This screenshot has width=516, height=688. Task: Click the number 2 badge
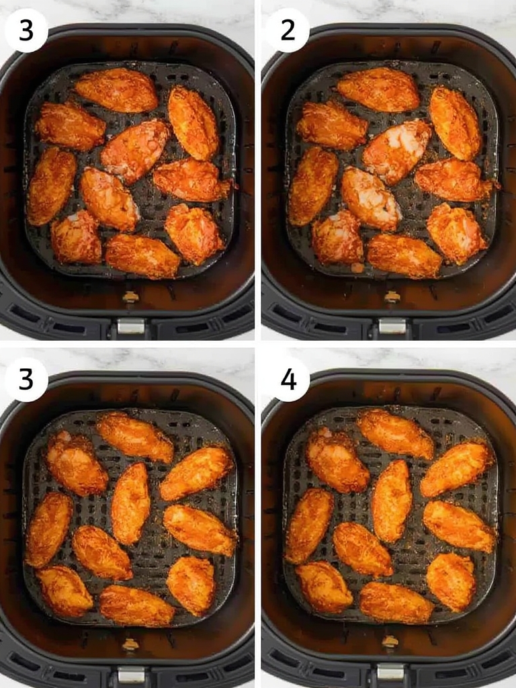click(288, 30)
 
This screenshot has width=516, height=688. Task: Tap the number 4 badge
click(288, 380)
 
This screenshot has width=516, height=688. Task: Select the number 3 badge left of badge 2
click(26, 30)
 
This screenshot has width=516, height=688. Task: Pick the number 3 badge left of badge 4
click(26, 380)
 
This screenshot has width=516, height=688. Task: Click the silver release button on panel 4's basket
click(390, 671)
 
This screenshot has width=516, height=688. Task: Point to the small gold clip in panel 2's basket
click(392, 296)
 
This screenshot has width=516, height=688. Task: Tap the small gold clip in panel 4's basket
click(390, 642)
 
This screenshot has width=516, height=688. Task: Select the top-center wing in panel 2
click(378, 89)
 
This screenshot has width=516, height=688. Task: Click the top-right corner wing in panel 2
click(455, 123)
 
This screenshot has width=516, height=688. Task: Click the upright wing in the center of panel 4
click(392, 501)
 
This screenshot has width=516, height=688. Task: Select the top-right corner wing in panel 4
click(457, 468)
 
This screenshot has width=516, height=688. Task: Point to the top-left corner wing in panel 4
click(337, 460)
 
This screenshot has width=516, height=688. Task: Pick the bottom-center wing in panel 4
click(396, 602)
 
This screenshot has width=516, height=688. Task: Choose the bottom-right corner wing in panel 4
click(451, 581)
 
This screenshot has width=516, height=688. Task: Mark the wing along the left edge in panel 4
click(308, 526)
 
